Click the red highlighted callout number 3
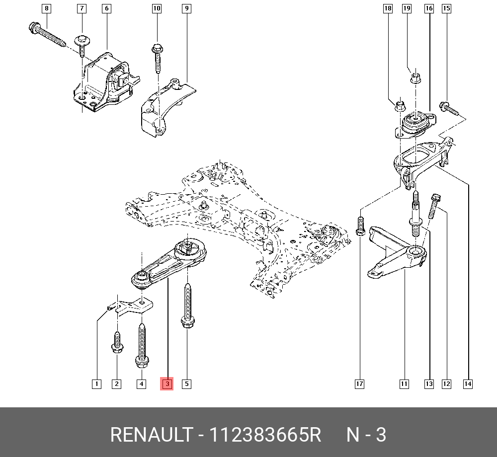tap(166, 383)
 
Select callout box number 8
tap(46, 8)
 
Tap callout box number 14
tap(467, 383)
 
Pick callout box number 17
tap(359, 383)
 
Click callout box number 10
tap(157, 8)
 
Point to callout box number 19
tap(407, 8)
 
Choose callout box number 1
tap(96, 383)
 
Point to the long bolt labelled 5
tap(187, 305)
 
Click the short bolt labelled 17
tap(361, 226)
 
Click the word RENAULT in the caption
tap(151, 435)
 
